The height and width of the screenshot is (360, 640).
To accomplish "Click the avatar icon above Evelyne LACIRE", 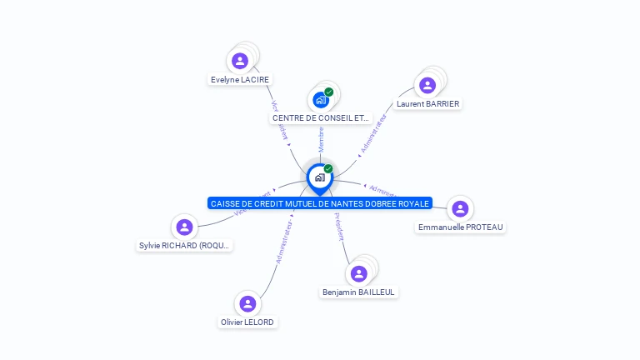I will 240,61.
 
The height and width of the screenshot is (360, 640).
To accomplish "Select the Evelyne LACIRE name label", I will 241,80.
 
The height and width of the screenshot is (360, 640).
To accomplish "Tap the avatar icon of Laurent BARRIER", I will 427,85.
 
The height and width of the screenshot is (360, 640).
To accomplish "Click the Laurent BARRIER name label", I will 428,104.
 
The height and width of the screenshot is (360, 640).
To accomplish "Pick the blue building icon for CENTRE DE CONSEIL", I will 321,100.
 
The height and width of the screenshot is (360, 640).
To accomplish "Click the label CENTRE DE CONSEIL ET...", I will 321,118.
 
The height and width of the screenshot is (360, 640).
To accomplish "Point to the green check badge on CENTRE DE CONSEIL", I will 329,92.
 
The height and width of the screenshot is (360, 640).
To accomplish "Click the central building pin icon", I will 320,177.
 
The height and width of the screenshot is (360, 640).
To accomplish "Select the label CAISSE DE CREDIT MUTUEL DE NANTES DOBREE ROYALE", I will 320,203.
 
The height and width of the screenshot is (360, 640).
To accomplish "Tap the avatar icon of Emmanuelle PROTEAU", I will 459,208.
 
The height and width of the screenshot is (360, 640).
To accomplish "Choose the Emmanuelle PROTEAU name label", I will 461,227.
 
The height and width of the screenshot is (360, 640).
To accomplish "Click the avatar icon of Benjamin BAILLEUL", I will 359,273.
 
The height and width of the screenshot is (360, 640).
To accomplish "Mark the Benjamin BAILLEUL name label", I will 359,292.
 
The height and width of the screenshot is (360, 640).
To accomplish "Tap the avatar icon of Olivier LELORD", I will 247,303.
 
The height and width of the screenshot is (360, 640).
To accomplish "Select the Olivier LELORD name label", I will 247,322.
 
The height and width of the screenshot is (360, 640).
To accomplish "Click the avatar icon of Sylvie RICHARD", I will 185,227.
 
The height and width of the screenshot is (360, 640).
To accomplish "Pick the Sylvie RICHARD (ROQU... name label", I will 185,246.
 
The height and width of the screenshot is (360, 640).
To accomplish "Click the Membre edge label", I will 321,139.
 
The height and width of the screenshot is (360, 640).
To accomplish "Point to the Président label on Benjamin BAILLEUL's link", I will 339,227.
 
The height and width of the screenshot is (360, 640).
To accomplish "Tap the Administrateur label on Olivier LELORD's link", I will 283,242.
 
